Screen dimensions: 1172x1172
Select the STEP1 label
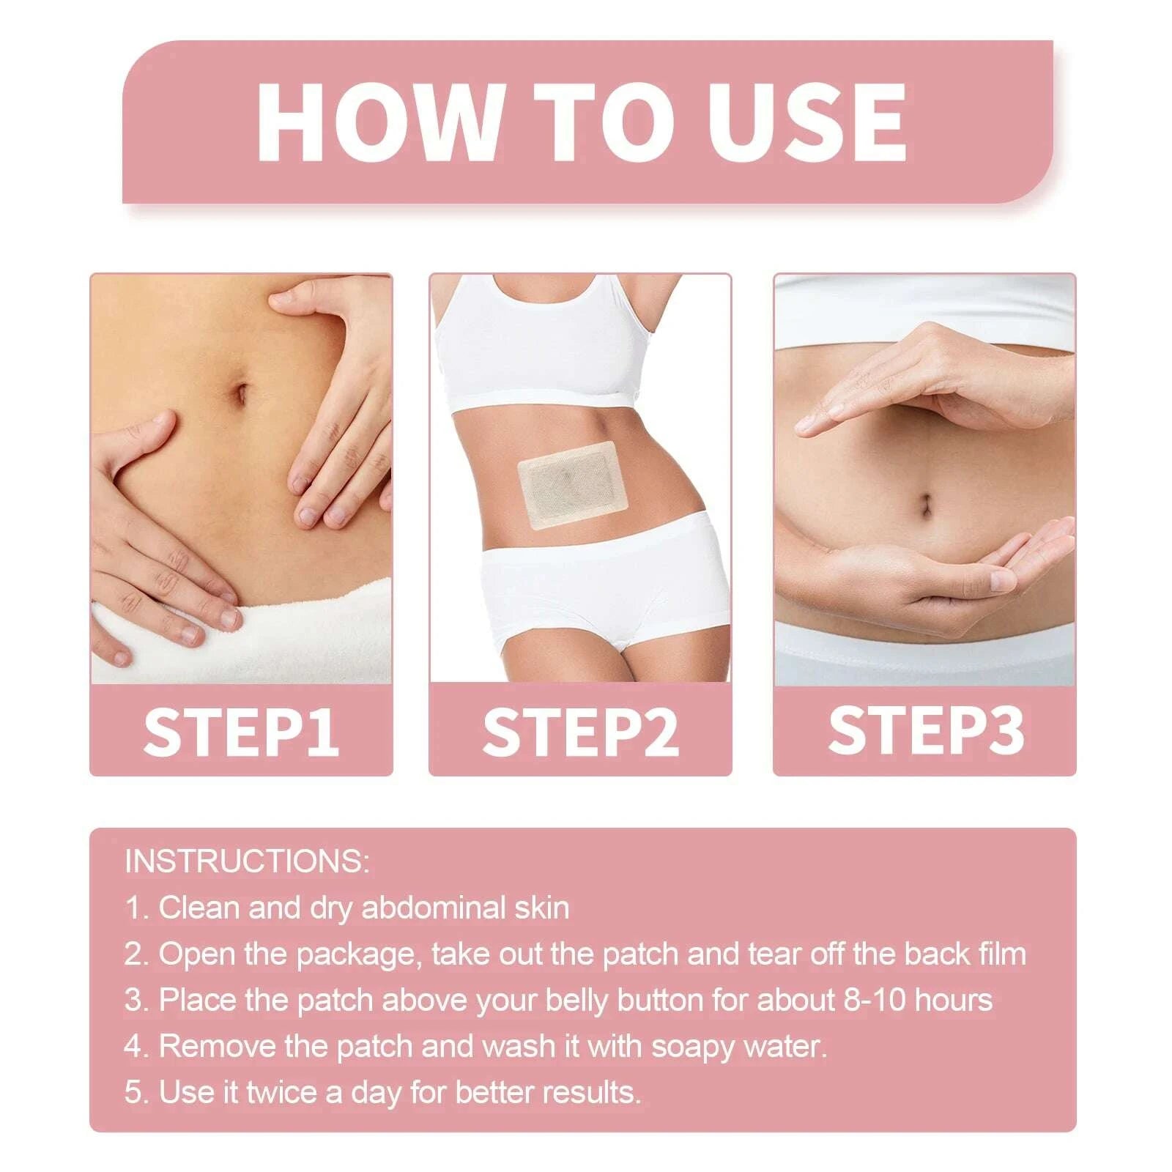(241, 730)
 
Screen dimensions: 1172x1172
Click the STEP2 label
(580, 730)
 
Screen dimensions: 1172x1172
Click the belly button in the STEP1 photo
(239, 393)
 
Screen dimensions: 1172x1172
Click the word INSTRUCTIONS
(247, 861)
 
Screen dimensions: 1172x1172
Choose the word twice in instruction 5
(282, 1092)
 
